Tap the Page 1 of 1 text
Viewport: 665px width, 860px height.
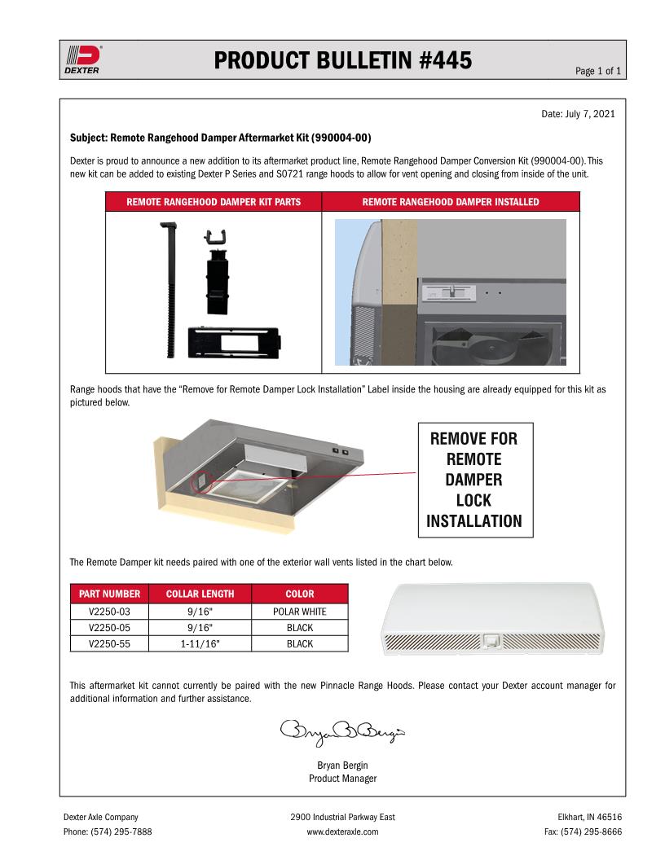[x=598, y=72]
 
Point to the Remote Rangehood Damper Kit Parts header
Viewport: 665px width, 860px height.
[x=214, y=202]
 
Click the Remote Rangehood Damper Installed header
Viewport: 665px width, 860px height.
[x=450, y=202]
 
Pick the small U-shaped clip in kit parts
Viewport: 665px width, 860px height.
[x=215, y=238]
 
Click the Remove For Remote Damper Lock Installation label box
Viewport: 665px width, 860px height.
[x=474, y=480]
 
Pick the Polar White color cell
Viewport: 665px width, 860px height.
[x=300, y=612]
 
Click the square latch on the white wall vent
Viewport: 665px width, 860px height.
[x=491, y=640]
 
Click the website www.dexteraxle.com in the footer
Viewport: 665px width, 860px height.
[x=342, y=832]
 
